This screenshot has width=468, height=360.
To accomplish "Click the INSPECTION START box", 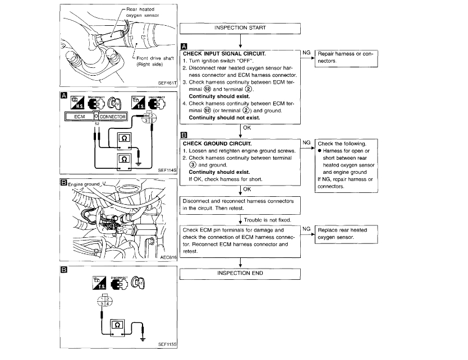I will tap(240, 28).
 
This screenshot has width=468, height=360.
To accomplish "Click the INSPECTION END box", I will tap(240, 273).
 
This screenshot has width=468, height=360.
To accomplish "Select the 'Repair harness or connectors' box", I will tap(347, 57).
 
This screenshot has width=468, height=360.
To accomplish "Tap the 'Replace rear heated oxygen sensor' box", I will tap(347, 234).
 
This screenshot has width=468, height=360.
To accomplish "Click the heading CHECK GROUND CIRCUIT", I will tap(214, 144).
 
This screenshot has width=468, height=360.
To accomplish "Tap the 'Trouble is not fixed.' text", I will tap(268, 220).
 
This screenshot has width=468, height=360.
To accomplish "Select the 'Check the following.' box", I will tap(347, 165).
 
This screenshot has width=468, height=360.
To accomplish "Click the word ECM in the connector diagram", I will tap(81, 117).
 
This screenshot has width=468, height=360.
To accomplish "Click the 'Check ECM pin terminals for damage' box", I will tap(240, 241).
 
